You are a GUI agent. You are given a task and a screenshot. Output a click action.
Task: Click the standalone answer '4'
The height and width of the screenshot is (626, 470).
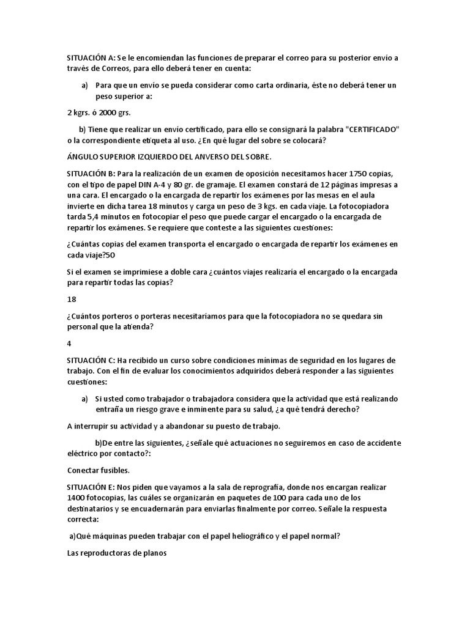tap(69, 343)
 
